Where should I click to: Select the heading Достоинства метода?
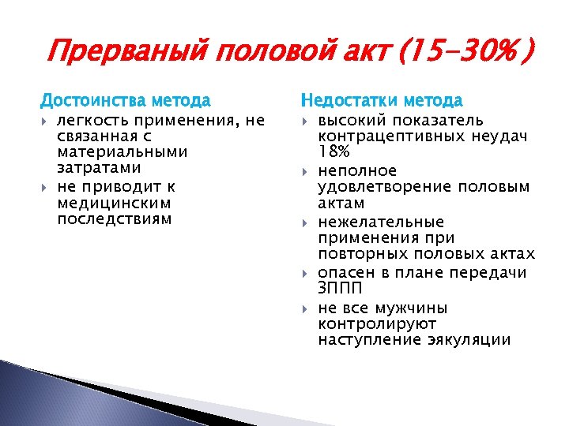click(126, 101)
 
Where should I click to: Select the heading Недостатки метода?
click(382, 101)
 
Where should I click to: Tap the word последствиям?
click(114, 219)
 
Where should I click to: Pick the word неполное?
click(357, 170)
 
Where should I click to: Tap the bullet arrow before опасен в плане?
click(306, 273)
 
